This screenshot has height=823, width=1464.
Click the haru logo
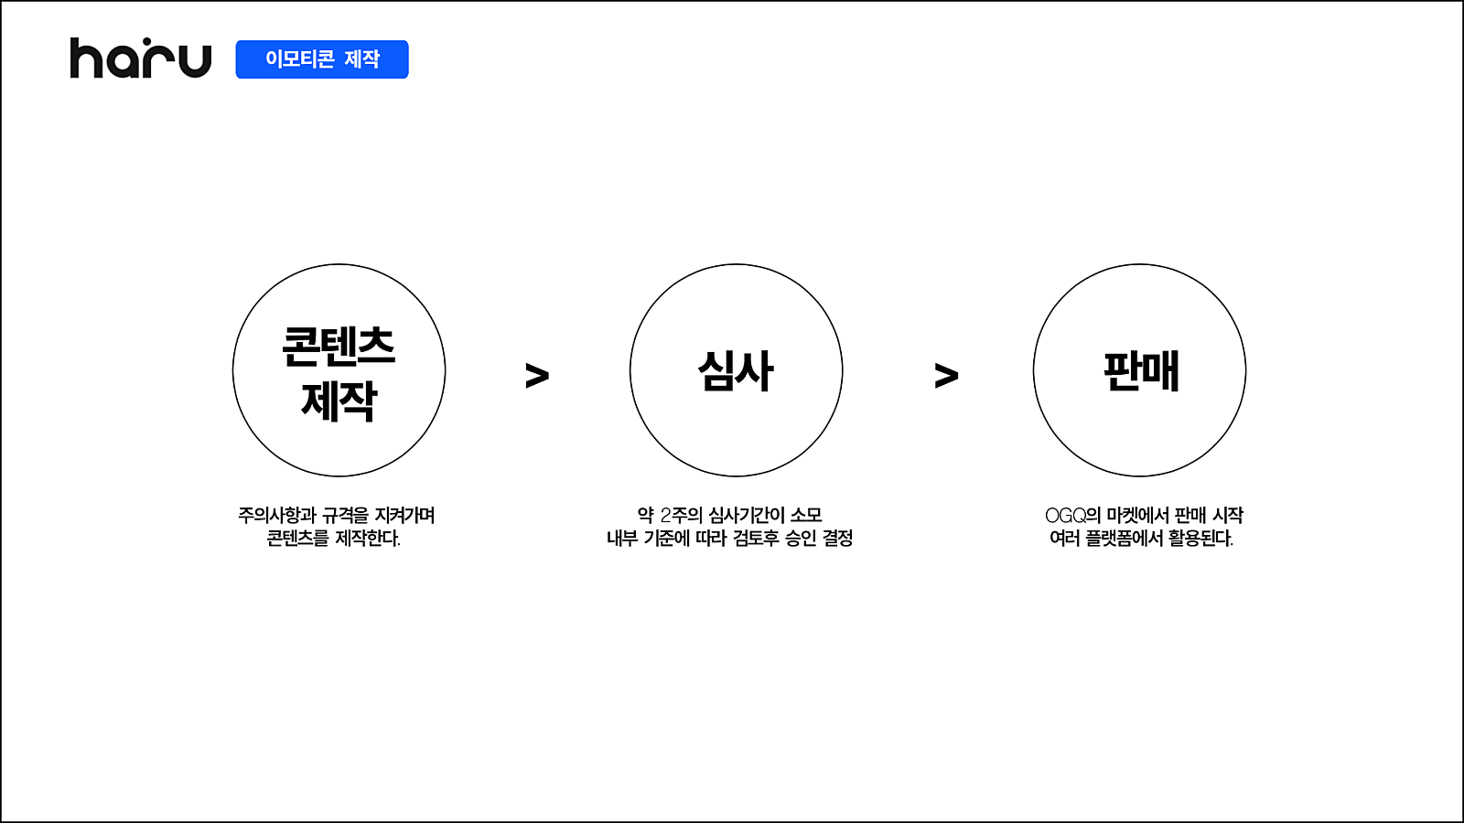(141, 59)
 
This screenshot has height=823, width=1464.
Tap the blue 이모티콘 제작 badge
(321, 59)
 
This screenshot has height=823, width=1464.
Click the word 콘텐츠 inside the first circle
(339, 347)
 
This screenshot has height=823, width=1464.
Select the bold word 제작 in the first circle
(339, 401)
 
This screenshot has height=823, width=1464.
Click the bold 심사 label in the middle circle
(736, 371)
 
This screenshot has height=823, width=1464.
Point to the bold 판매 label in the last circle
(1141, 371)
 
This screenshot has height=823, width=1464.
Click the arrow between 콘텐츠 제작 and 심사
(537, 376)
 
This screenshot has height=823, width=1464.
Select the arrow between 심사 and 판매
(946, 376)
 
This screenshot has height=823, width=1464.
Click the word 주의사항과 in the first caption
(277, 516)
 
